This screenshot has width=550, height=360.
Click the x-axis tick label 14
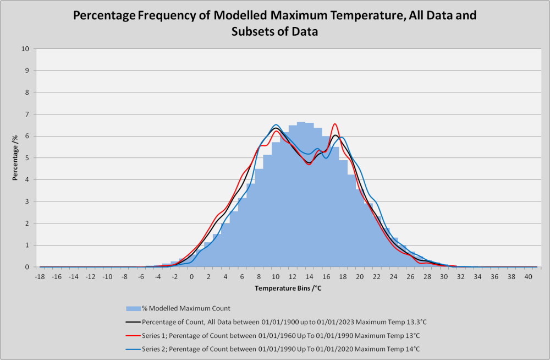pos(309,277)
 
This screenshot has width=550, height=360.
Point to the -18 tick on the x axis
pos(40,277)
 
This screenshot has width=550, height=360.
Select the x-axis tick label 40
pos(528,277)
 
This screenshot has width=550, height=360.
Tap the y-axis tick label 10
pos(25,49)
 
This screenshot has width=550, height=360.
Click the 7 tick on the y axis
pos(27,114)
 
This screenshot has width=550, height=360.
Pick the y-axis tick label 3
pos(27,201)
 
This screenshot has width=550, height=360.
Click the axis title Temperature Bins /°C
pos(288,288)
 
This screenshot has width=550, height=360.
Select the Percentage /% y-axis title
pos(15,157)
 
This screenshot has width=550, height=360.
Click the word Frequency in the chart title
pos(166,15)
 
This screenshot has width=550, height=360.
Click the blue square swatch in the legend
pos(133,309)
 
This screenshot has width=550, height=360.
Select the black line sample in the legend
pos(133,322)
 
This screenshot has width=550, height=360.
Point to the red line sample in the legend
pos(133,336)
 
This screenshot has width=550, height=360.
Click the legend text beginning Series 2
pos(280,349)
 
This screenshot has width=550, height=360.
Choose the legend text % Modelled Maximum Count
pos(186,308)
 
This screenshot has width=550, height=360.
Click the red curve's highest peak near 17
pos(335,124)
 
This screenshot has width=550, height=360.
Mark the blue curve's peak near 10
pos(276,125)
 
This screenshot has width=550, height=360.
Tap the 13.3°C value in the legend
pos(416,322)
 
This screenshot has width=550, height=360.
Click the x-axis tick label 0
pos(191,277)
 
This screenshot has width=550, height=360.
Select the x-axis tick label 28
pos(427,277)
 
